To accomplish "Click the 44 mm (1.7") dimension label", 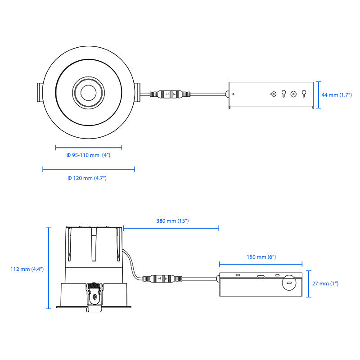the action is (336, 95).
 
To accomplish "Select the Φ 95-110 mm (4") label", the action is (88, 155).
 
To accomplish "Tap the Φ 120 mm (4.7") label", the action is (87, 178).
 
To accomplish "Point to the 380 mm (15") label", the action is (172, 221).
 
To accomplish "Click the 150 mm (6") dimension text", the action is (261, 257).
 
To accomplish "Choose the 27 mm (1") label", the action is (325, 283).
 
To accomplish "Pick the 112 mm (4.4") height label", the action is (27, 269).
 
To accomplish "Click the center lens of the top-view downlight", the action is (88, 93).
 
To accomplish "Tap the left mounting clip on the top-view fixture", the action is (40, 92).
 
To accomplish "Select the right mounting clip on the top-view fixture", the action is (137, 92).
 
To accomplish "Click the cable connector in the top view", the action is (170, 94).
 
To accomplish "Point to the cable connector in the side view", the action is (162, 279).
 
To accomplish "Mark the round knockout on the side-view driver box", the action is (289, 283).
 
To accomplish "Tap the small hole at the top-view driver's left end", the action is (233, 94).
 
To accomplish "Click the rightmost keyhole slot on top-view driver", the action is (304, 94).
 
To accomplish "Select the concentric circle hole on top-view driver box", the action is (293, 94).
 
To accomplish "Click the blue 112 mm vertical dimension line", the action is (49, 268).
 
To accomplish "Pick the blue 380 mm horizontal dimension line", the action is (171, 228).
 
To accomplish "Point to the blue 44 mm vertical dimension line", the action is (319, 95).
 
